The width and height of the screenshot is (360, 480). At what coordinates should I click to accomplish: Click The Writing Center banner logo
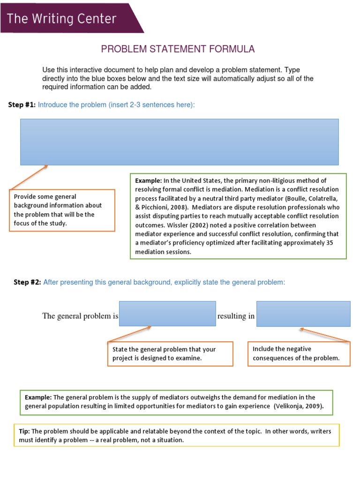coord(62,19)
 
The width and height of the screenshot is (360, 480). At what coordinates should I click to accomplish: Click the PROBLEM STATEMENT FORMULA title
coord(178,49)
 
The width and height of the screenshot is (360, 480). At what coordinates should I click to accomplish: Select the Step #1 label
coord(22,105)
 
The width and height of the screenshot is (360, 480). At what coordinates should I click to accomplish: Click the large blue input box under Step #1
coord(179,142)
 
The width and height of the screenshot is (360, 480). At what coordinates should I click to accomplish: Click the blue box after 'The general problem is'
coord(167,314)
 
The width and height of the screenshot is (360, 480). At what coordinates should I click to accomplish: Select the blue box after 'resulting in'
coord(303,314)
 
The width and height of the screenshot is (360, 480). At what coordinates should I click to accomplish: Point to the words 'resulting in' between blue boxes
coord(236,316)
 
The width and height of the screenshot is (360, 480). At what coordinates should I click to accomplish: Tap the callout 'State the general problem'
coord(170,354)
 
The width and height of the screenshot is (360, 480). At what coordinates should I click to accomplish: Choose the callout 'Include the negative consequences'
coord(299,353)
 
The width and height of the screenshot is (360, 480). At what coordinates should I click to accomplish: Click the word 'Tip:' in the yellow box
coord(24,431)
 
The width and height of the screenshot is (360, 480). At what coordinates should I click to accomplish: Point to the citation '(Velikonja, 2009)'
coord(299,406)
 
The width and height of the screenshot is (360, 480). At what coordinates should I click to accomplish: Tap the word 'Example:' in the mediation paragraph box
coord(149,180)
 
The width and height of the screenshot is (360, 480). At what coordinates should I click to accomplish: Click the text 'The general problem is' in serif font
coord(80,316)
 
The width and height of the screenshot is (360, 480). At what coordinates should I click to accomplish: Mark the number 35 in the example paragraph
coord(329,243)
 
